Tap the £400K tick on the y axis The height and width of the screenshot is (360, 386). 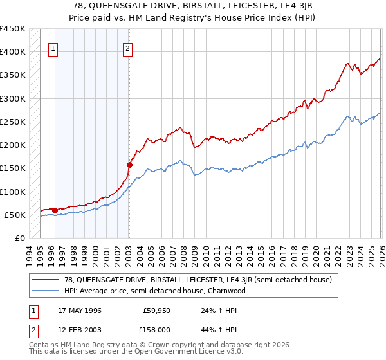13,52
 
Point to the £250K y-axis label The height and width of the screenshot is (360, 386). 13,122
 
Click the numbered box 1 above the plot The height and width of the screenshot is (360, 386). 53,48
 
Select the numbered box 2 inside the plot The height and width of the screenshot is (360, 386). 128,48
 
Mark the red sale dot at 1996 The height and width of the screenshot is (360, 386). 55,210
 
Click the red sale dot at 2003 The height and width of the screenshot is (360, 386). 129,165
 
